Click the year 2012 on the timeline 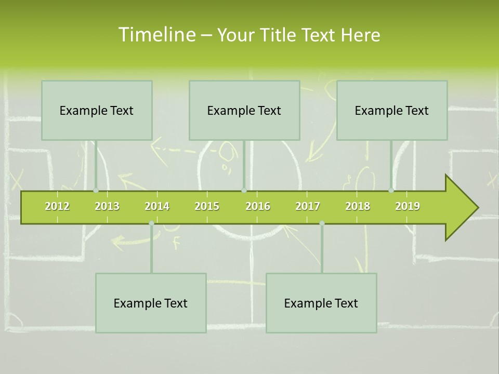pos(57,206)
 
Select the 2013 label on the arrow pos(107,206)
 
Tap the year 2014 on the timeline pos(157,206)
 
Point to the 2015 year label pos(207,206)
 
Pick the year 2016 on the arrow pos(258,206)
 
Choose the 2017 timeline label pos(308,206)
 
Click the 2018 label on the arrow pos(358,206)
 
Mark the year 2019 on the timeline pos(408,206)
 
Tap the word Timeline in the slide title pos(156,35)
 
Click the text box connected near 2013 pos(97,110)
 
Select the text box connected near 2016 pos(244,110)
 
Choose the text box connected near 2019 pos(392,110)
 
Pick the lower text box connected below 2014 pos(151,303)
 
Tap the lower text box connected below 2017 pos(321,303)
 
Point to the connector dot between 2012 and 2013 pos(96,191)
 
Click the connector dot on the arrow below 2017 pos(322,223)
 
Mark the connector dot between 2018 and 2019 pos(391,191)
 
